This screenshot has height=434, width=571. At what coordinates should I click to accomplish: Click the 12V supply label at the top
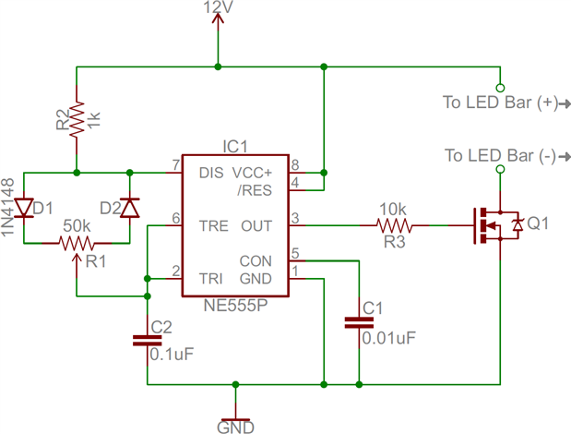coord(218,7)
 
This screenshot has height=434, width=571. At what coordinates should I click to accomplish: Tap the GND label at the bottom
coord(235,428)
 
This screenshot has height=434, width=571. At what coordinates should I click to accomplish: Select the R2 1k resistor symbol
coord(77,120)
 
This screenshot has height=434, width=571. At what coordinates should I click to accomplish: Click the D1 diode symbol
coord(24,208)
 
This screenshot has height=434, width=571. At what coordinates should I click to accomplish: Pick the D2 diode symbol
coord(130,208)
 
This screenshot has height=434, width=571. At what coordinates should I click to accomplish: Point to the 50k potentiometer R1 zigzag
coord(77,243)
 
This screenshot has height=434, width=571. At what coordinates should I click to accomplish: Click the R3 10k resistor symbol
coord(395,225)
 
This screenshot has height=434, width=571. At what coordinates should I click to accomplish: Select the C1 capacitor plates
coord(359,323)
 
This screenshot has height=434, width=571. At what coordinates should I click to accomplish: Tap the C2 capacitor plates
coord(147,341)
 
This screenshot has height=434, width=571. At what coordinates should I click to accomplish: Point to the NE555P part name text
coord(235,306)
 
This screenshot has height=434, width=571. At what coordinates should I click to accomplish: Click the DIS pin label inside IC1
coord(211,173)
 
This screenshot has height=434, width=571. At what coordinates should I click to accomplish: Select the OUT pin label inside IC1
coord(256,226)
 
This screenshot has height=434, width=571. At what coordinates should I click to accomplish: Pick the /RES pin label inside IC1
coord(255,190)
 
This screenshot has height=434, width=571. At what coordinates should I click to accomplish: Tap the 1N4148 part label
coord(7,207)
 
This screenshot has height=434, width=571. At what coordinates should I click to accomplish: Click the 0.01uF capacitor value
coord(389,339)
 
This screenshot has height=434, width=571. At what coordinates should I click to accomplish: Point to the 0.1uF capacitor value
coord(172,355)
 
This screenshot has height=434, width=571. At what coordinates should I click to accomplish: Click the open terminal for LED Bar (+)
coord(500,88)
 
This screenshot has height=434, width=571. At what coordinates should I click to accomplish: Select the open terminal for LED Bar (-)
coord(500,169)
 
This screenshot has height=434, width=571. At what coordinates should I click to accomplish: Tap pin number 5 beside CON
coord(295,253)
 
